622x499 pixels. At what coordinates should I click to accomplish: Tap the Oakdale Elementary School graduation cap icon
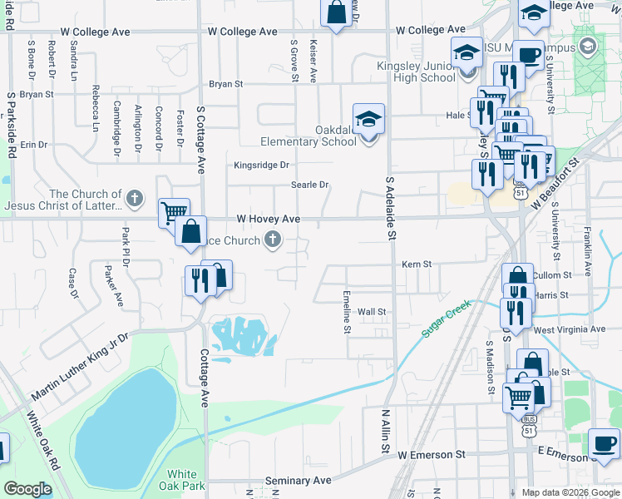pos(368,118)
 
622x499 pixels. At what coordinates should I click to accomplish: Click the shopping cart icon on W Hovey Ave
pos(173,213)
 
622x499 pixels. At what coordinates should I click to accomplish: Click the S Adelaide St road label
pos(388,208)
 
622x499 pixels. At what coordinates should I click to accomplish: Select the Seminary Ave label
pos(298,481)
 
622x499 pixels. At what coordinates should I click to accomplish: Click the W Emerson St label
pos(431,455)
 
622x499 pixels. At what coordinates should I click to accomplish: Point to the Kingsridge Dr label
pos(261,165)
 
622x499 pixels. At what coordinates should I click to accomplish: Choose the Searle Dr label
pos(309,185)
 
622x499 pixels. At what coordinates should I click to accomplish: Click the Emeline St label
pos(346,312)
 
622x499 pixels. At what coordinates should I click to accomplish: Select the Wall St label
pos(372,312)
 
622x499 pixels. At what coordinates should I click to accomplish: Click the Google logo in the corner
pos(27,489)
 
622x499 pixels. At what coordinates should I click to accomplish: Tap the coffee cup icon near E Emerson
pos(604,442)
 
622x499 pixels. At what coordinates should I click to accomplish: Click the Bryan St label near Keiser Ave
pos(225,84)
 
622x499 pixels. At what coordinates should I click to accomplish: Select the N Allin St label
pos(385,431)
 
